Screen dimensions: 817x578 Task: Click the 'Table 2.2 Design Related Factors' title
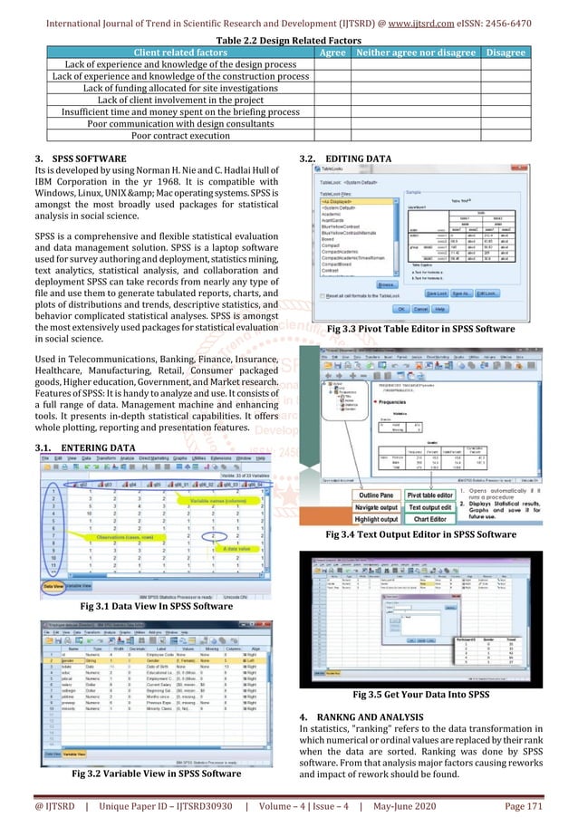click(289, 40)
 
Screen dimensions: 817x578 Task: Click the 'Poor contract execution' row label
click(180, 136)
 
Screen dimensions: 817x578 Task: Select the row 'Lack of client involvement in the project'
click(180, 101)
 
